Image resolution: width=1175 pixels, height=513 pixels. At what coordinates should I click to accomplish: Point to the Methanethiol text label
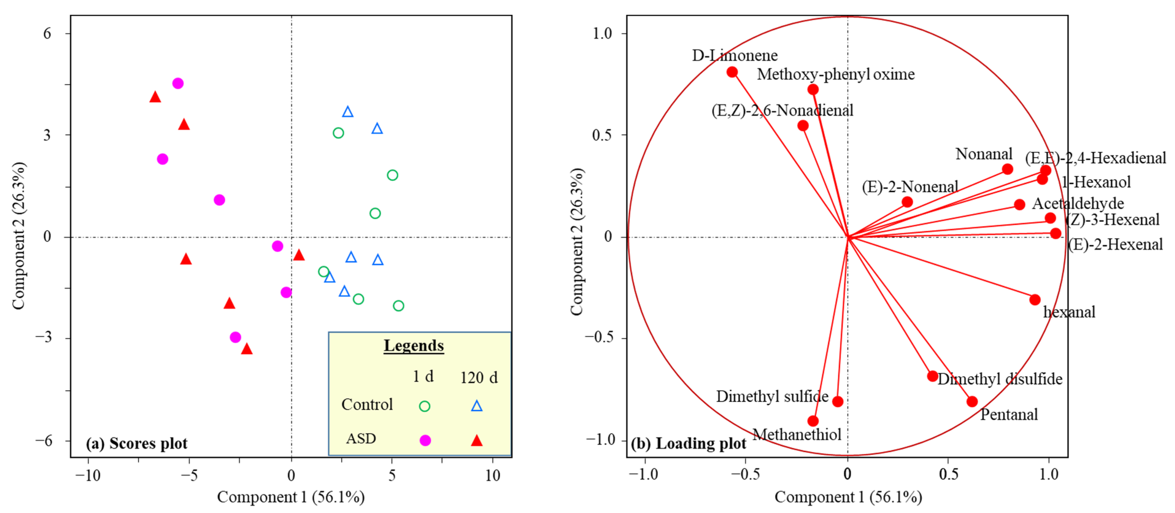point(796,434)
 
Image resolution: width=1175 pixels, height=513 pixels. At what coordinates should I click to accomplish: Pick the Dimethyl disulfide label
point(1000,379)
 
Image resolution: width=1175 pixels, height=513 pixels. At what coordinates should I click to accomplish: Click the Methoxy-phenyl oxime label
point(836,74)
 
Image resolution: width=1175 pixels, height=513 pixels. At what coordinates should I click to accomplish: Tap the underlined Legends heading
point(414,345)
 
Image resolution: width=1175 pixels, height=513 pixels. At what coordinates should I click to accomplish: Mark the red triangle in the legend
point(477,440)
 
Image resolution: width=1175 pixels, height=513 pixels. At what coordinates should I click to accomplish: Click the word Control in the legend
point(367,404)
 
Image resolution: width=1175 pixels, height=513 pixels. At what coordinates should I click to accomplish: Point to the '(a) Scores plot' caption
point(137,443)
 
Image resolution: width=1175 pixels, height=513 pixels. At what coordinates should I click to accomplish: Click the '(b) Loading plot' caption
point(688,443)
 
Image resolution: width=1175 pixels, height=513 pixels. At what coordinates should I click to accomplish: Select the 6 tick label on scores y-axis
point(47,33)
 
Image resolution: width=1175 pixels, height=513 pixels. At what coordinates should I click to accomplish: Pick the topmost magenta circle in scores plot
point(178,83)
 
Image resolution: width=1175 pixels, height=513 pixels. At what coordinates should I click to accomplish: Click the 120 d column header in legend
point(478,378)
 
